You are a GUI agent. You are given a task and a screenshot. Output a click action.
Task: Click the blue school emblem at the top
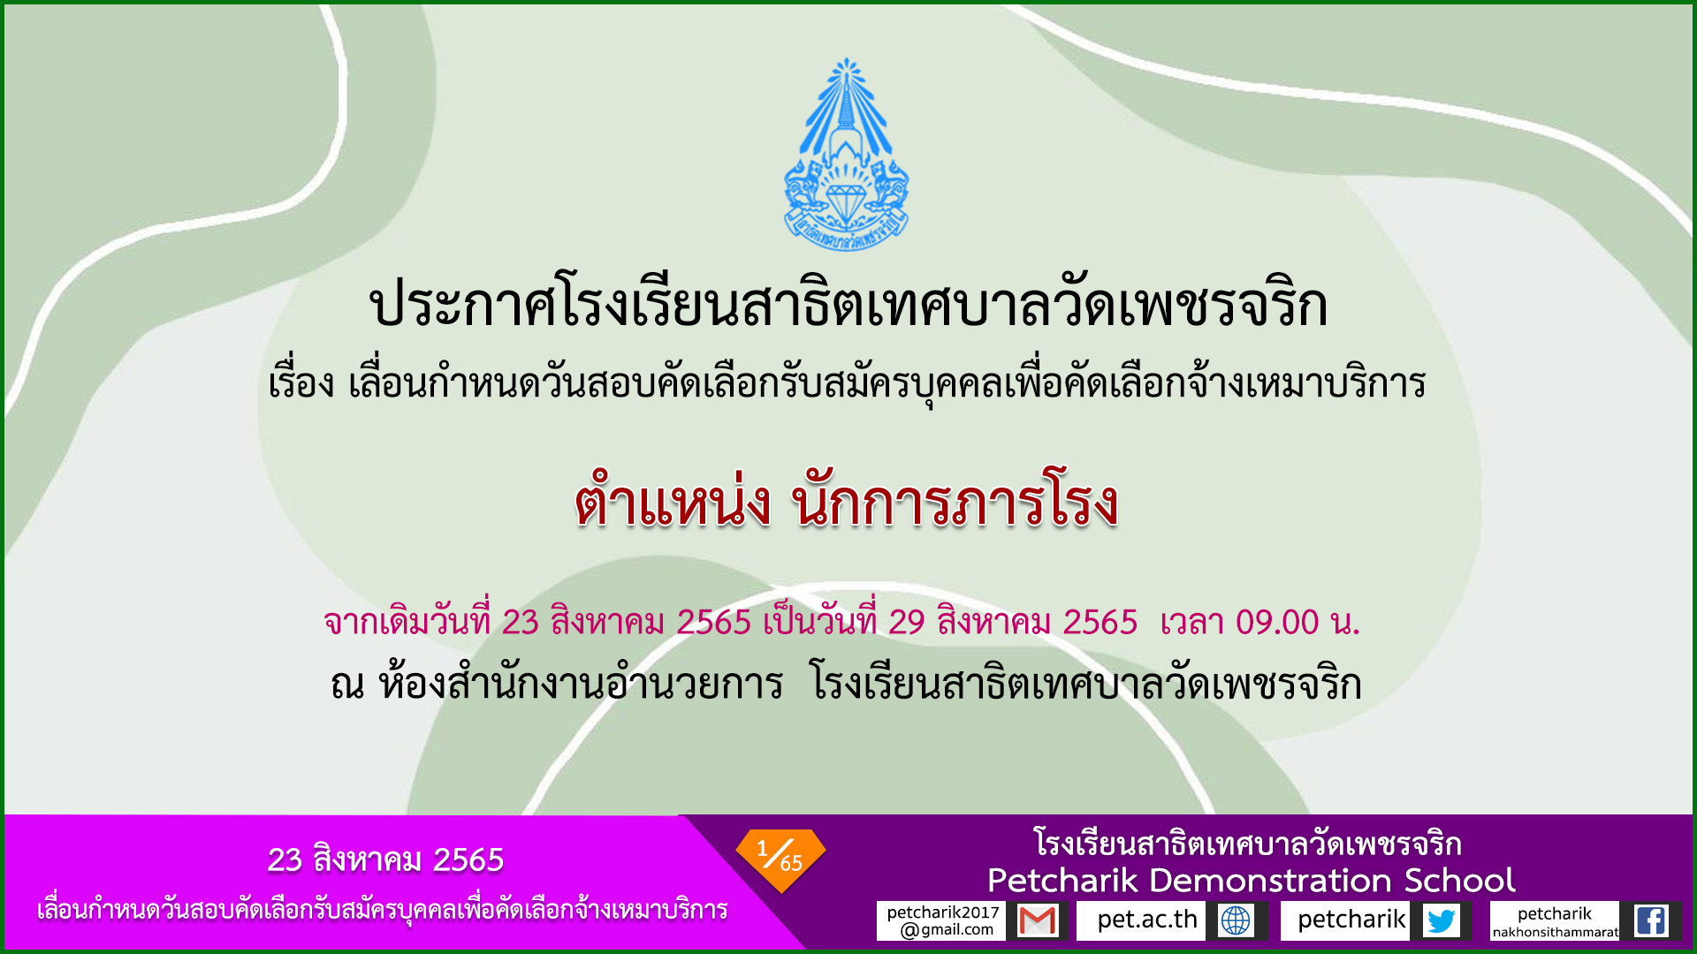coord(846,155)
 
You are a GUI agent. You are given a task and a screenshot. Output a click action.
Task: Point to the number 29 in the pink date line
coord(907,623)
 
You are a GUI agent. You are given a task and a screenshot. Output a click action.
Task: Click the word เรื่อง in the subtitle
coord(301,382)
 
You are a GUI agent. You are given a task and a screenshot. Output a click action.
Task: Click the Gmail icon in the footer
coord(1038,920)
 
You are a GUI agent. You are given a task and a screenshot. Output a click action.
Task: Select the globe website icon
coord(1236,920)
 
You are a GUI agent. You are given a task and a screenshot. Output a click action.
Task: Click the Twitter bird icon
coord(1442,920)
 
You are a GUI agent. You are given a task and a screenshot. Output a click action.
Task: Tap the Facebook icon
coord(1651,920)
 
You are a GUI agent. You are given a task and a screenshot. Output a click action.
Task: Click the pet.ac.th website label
coord(1146,920)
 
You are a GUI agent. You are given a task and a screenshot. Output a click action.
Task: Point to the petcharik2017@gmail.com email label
coord(942,920)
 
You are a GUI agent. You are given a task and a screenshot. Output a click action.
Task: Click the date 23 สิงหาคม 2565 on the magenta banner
coord(385,859)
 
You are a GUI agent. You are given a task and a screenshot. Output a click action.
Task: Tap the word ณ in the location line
coord(347,685)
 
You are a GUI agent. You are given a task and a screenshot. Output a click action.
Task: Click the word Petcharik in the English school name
coord(1062,881)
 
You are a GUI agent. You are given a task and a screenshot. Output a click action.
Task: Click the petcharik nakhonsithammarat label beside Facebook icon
coord(1555,921)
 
